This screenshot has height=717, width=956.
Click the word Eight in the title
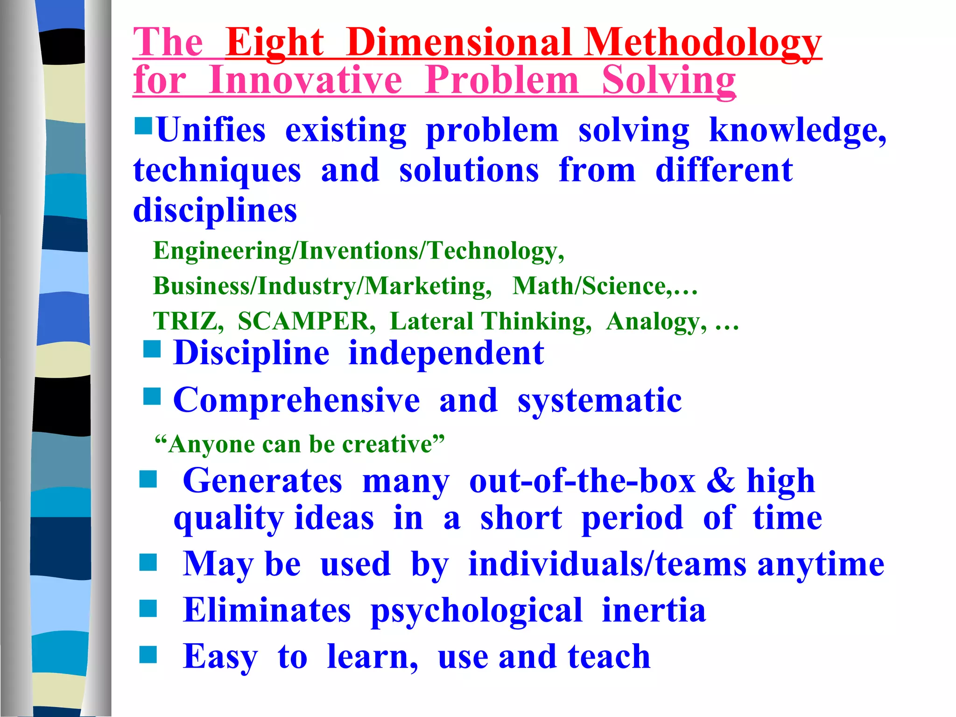pos(274,43)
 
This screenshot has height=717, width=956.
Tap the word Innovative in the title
pos(305,80)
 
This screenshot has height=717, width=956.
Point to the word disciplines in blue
pos(215,211)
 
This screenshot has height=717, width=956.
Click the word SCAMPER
pos(306,321)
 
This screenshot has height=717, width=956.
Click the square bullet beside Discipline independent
pos(152,349)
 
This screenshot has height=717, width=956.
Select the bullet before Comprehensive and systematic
pos(152,397)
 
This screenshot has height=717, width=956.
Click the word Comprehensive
pos(296,401)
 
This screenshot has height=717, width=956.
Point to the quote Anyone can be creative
pos(299,444)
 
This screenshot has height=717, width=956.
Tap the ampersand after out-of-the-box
pos(720,481)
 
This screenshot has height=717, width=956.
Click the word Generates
pos(262,481)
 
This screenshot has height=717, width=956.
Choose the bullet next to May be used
pos(148,562)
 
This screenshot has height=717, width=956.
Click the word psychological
pos(476,611)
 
